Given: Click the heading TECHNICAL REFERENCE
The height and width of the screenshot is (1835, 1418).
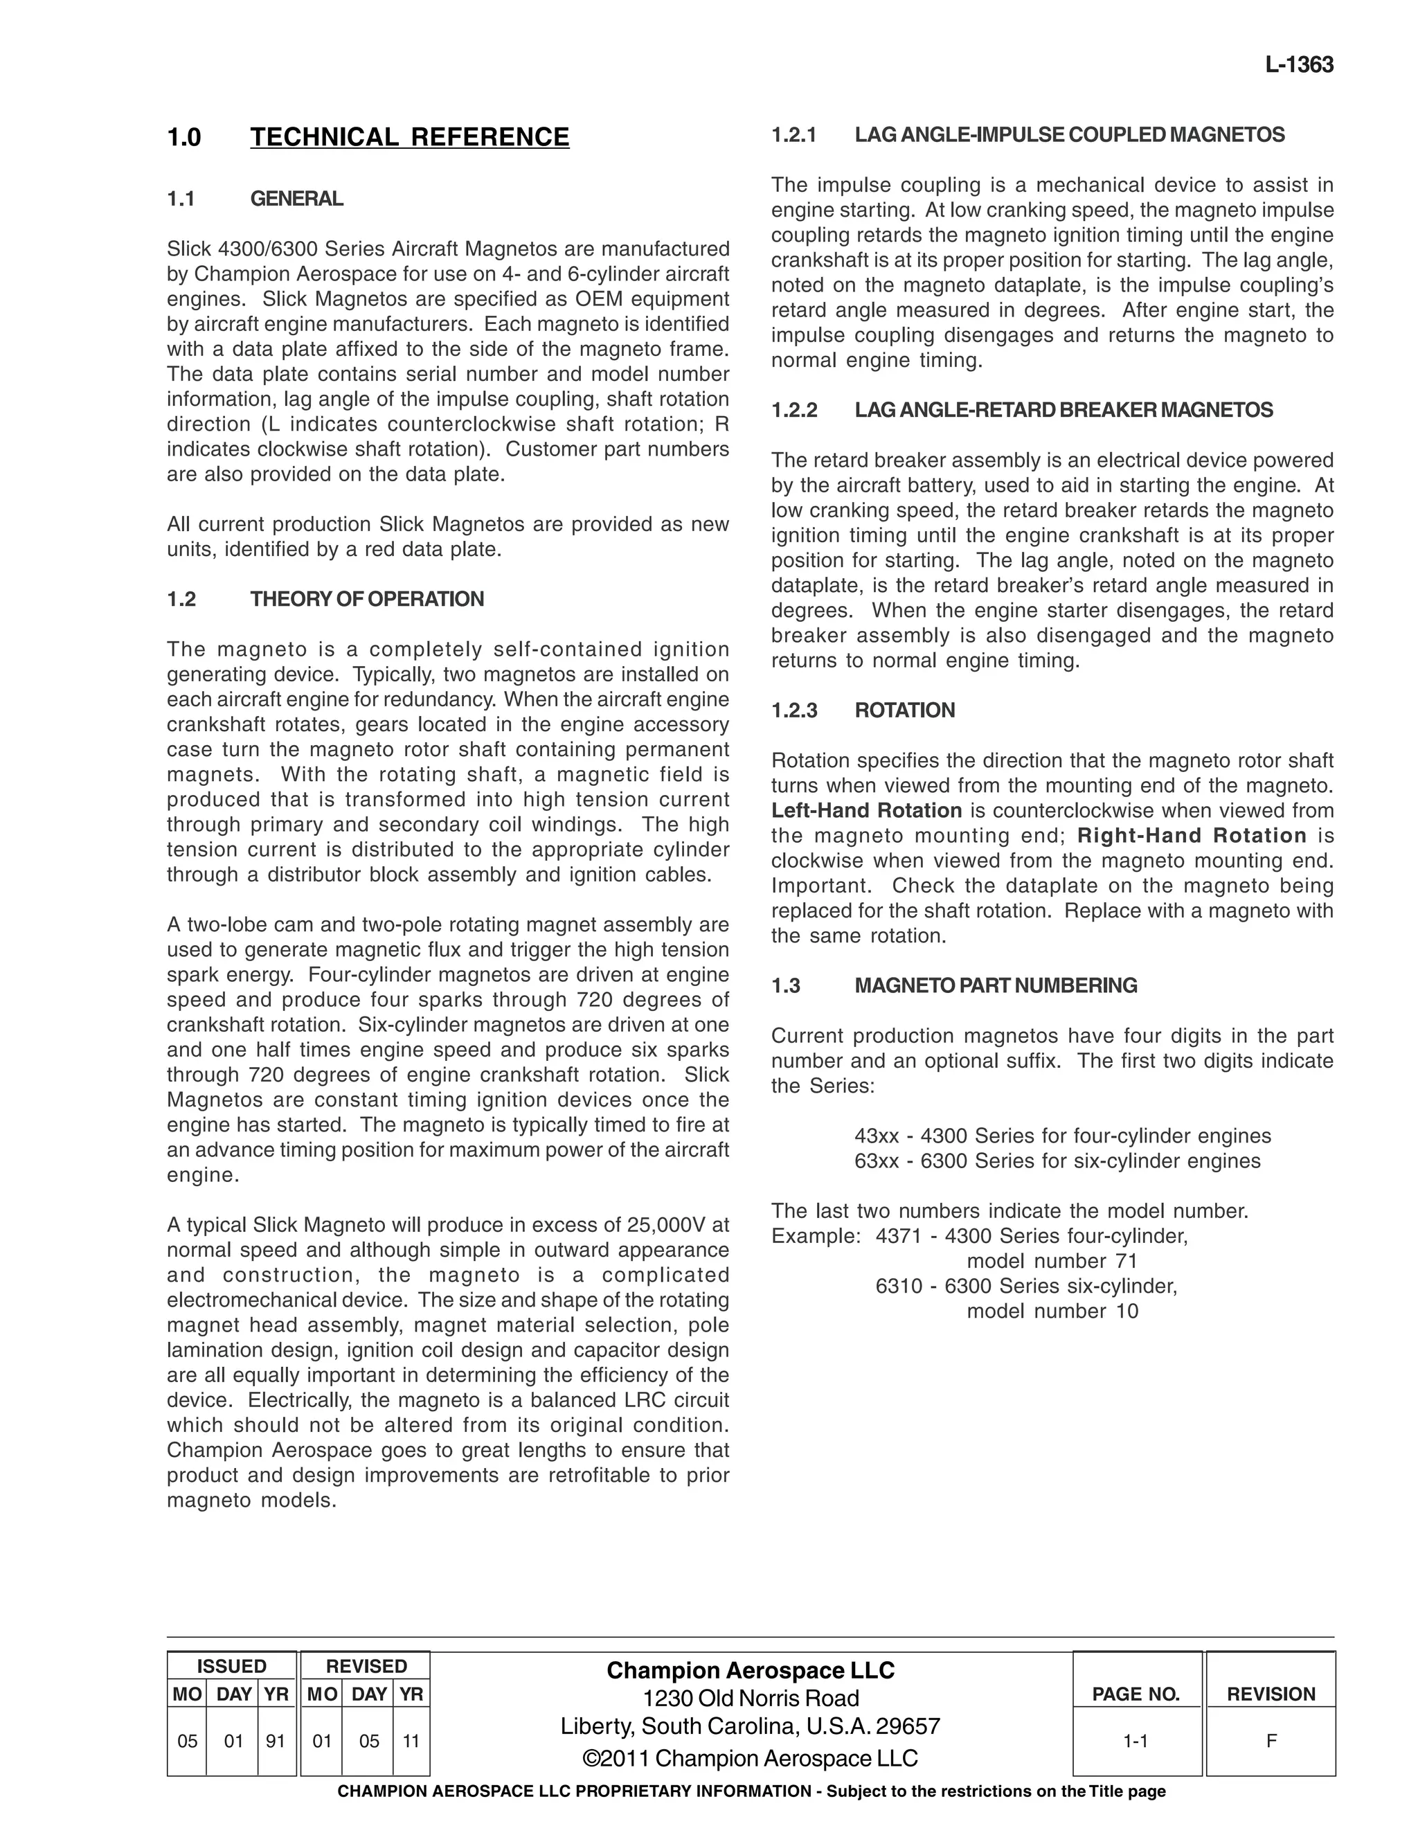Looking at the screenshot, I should tap(409, 137).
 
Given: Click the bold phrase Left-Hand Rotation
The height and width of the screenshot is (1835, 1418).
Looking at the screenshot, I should tap(866, 811).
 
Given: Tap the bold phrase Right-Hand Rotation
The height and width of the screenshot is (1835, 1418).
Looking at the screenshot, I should tap(1191, 836).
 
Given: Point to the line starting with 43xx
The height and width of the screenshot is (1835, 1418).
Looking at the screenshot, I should tap(1062, 1136).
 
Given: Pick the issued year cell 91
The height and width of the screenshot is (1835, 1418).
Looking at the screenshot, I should tap(276, 1742).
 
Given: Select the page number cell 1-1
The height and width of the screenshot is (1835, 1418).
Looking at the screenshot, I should tap(1135, 1742).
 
